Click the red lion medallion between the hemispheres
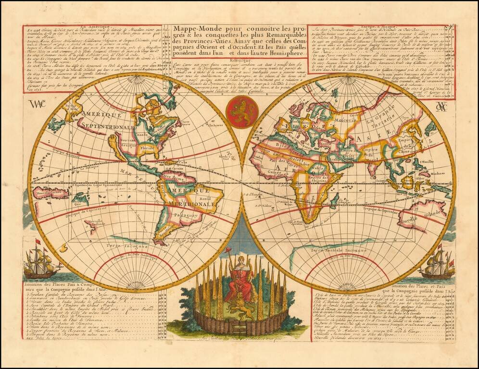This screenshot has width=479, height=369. point(241,111)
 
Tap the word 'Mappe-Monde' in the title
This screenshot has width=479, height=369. point(195,29)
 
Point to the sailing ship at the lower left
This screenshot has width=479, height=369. point(40,262)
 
